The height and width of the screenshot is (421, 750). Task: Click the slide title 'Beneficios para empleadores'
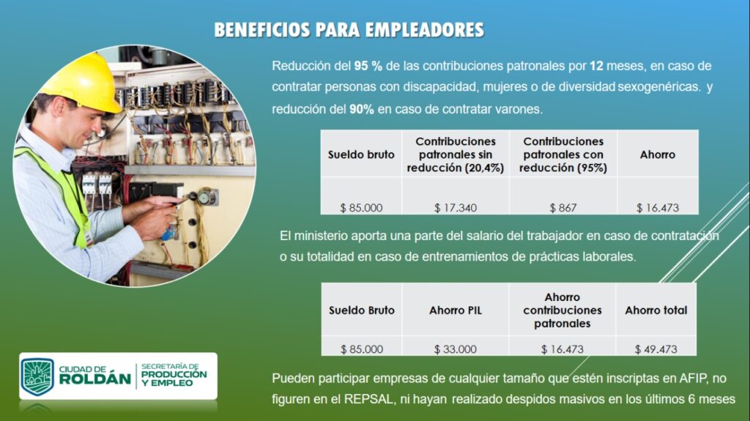click(349, 30)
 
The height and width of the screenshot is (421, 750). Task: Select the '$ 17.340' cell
click(456, 208)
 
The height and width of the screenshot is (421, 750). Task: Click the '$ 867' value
click(563, 208)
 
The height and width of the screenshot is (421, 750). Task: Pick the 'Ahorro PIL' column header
click(456, 310)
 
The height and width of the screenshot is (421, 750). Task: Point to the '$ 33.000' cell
click(456, 349)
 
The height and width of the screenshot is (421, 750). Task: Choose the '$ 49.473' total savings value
click(656, 349)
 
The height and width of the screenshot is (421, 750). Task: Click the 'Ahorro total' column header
click(656, 310)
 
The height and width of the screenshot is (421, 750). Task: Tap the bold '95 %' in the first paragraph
click(368, 66)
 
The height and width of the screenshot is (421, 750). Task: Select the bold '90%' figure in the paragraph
click(362, 109)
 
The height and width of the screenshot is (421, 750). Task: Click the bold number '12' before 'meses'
click(596, 66)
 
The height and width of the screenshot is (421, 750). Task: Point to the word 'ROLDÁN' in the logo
click(94, 379)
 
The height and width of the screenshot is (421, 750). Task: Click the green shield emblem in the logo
click(37, 376)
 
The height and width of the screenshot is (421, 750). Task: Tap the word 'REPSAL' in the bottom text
click(368, 399)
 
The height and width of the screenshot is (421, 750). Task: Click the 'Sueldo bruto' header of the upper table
click(361, 154)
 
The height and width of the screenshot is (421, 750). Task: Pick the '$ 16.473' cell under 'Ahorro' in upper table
click(658, 208)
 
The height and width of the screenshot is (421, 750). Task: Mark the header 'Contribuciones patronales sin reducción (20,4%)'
click(456, 154)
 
